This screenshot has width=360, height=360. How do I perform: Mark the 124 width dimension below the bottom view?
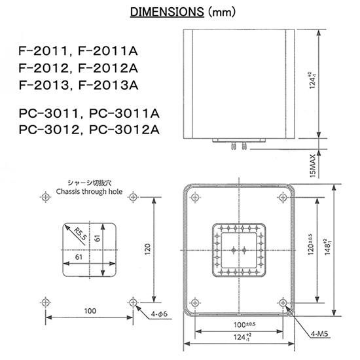(x=238, y=338)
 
